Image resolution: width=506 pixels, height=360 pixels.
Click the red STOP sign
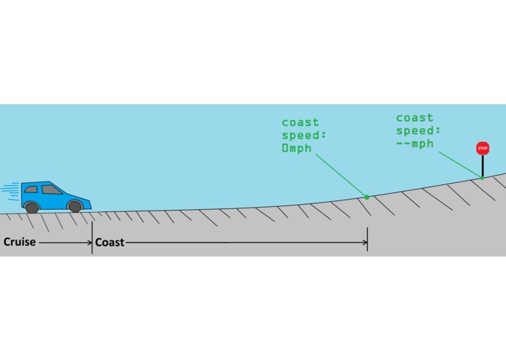483,148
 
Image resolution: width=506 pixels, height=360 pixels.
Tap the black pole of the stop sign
483,166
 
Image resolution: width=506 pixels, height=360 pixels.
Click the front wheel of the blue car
75,206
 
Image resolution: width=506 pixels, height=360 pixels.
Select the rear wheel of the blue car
31,208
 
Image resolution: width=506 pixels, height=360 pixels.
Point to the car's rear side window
31,189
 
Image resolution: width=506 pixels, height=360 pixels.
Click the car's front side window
51,189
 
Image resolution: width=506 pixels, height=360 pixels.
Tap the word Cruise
20,242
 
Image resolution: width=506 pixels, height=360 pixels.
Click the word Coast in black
110,243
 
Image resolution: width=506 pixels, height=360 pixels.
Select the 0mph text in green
297,149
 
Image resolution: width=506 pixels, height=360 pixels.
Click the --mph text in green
415,144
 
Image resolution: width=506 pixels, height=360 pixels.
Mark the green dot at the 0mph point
367,197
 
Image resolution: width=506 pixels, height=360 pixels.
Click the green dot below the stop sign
482,178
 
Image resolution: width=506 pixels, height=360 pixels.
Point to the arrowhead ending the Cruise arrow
90,243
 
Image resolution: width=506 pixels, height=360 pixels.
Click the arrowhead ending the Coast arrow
365,243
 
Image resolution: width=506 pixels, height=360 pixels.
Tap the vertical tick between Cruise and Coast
92,238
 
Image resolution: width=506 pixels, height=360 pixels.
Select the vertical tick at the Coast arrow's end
367,239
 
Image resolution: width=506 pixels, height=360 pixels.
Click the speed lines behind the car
10,191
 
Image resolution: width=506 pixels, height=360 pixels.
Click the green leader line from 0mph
341,175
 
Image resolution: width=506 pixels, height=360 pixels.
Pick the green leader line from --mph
460,165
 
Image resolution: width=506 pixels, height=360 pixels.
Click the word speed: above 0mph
304,136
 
